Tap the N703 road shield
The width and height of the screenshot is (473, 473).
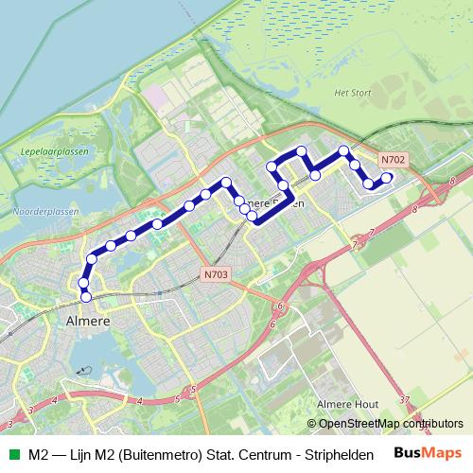[x=216, y=274]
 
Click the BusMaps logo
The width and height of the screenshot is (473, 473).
[x=428, y=452]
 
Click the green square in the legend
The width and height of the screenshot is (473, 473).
[x=13, y=453]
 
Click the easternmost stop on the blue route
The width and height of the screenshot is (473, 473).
[x=386, y=176]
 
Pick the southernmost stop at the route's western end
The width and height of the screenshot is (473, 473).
[x=86, y=297]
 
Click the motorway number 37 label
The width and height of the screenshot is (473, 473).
[x=404, y=400]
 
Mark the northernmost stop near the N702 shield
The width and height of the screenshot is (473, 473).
[x=344, y=150]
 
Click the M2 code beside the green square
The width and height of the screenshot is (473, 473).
[x=39, y=453]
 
